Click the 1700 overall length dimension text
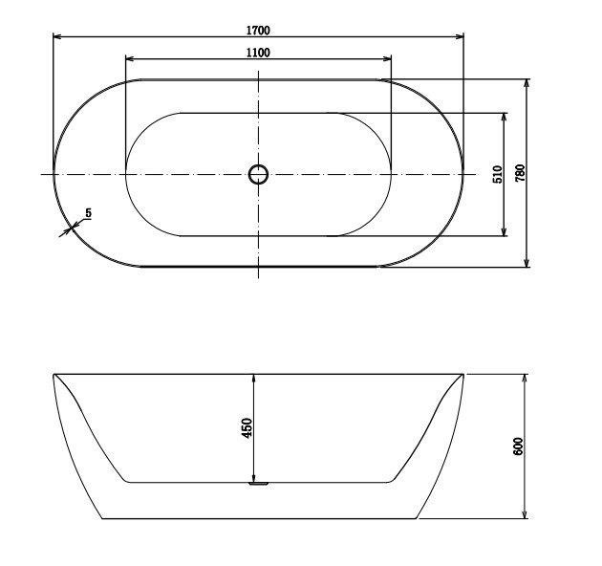257,30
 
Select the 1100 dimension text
257,53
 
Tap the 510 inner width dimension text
497,174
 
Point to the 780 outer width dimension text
521,173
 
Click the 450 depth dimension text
246,427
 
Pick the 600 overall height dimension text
518,446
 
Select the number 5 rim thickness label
88,213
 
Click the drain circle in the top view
258,174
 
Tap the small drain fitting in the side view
257,484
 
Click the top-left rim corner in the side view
54,374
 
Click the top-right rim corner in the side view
463,374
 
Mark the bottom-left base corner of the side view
101,519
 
